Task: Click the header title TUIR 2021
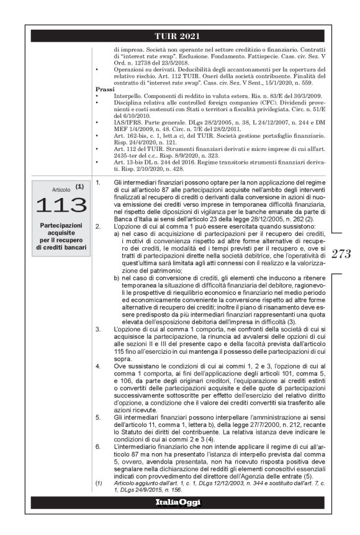pyautogui.click(x=180, y=35)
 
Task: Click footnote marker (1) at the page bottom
pyautogui.click(x=98, y=482)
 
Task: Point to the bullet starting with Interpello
pyautogui.click(x=99, y=96)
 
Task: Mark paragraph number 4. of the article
pyautogui.click(x=98, y=367)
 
